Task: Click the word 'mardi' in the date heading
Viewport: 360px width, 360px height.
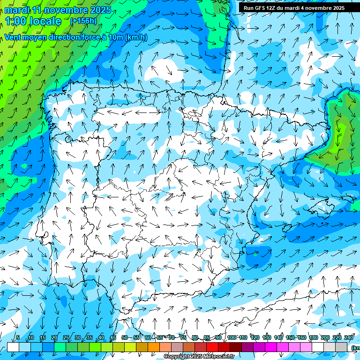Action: point(16,10)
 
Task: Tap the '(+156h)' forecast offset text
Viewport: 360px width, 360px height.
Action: point(83,21)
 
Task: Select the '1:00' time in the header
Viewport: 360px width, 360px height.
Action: point(16,21)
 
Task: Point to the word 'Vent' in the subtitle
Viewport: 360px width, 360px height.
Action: point(14,37)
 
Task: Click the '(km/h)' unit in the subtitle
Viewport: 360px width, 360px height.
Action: point(136,37)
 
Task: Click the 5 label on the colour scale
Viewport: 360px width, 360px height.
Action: point(17,337)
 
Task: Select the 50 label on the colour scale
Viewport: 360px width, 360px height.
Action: point(124,337)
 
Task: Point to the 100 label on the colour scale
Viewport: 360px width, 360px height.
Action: point(231,337)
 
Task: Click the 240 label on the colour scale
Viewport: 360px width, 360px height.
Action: point(349,337)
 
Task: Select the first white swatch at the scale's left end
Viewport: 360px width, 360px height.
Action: point(13,347)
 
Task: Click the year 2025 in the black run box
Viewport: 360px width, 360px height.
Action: point(335,8)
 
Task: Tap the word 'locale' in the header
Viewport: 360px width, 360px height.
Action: point(45,21)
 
